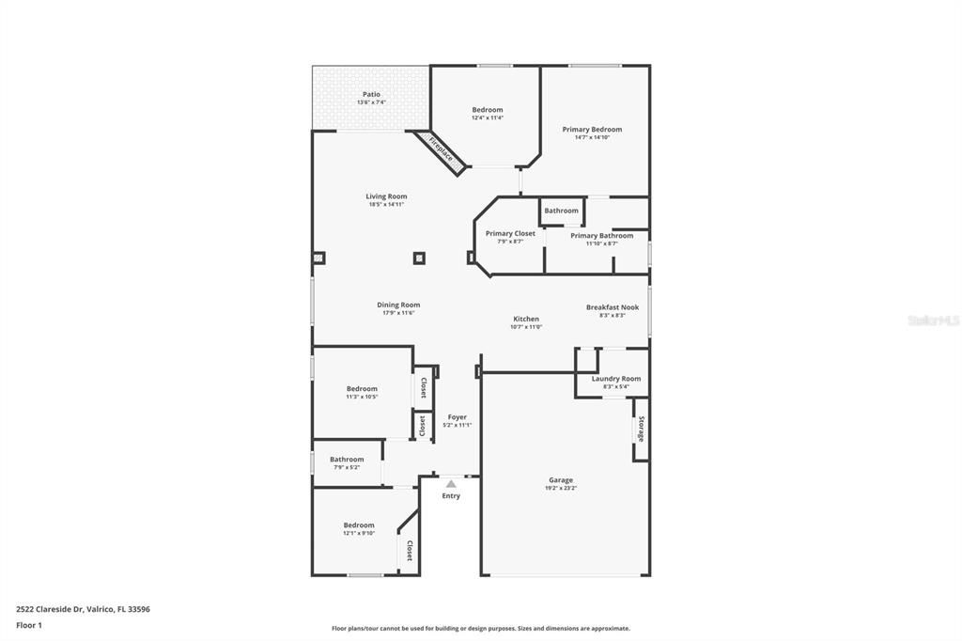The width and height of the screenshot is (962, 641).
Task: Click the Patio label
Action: coord(371,94)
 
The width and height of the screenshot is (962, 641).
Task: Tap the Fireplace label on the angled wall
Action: coord(441,150)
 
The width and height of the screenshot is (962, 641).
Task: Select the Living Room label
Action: coord(386,196)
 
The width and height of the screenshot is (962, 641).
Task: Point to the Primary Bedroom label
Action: coord(592,130)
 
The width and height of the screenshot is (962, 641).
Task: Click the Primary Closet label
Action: coord(510,233)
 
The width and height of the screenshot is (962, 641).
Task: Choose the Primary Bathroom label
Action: coord(601,236)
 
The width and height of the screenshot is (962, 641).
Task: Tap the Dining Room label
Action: coord(398,305)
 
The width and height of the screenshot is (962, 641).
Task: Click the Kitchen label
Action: coord(526,319)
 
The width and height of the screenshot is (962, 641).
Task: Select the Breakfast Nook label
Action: coord(613,307)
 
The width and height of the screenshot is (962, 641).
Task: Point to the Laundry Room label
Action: coord(616,379)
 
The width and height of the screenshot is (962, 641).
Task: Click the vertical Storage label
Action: coord(642,430)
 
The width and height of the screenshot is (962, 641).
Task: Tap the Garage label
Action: coord(561,480)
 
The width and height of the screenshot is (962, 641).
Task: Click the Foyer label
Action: coord(457,417)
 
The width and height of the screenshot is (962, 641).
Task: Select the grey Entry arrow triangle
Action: coord(451,484)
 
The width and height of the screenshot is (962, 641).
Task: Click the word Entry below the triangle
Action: coord(451,495)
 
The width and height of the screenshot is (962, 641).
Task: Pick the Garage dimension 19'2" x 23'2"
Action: coord(561,489)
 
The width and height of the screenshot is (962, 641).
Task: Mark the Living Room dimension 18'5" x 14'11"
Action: coord(386,204)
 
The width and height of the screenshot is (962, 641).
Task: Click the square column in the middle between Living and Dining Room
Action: coord(419,258)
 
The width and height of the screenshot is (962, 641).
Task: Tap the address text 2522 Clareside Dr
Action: coord(56,609)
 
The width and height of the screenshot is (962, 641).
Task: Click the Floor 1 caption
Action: coord(29,625)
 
